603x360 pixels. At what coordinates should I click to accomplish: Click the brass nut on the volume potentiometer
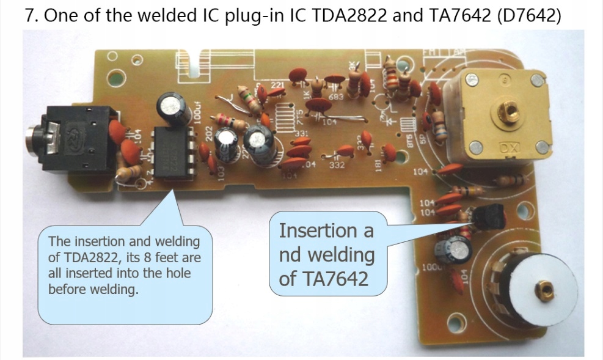click(x=541, y=288)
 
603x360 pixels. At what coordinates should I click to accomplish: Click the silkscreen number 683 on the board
click(x=335, y=96)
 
